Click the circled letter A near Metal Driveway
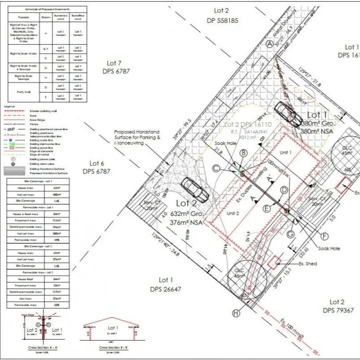pyautogui.click(x=269, y=44)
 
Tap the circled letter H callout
pyautogui.click(x=236, y=312)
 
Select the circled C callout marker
pyautogui.click(x=216, y=168)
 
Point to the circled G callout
pyautogui.click(x=290, y=234)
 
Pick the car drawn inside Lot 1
pyautogui.click(x=288, y=114)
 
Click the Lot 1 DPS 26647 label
pyautogui.click(x=166, y=285)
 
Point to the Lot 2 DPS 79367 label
pyautogui.click(x=338, y=306)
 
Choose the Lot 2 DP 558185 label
pyautogui.click(x=222, y=15)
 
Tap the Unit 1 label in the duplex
pyautogui.click(x=286, y=152)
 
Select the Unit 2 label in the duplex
pyautogui.click(x=232, y=213)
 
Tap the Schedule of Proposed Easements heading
pyautogui.click(x=47, y=9)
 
